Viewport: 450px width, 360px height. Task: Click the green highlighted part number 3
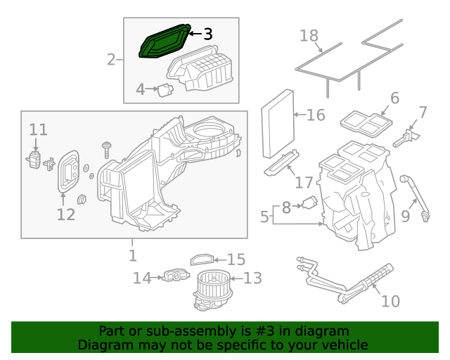coord(165,43)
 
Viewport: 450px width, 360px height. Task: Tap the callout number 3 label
coord(207,34)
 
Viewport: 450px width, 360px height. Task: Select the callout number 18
coord(310,36)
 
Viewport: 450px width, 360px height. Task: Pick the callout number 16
coord(316,114)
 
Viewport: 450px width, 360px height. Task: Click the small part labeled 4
coord(166,89)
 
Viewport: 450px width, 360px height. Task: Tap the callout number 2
coord(111,59)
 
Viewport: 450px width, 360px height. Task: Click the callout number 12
coord(65,214)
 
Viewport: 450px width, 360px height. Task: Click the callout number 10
coord(390,301)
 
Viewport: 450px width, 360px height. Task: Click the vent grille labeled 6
coord(366,123)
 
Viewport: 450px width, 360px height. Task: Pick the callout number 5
coord(264,217)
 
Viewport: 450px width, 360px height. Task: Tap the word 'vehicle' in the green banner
coord(342,345)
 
